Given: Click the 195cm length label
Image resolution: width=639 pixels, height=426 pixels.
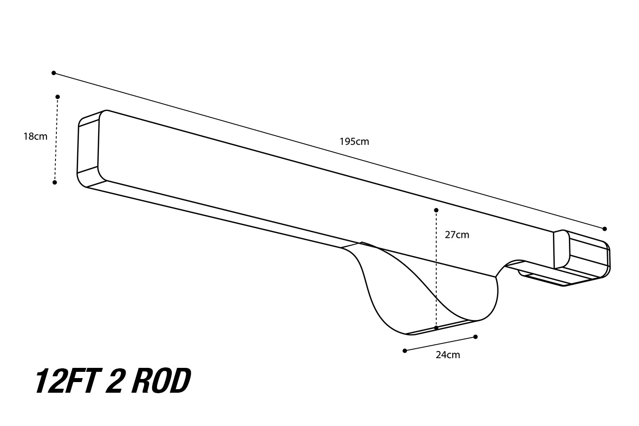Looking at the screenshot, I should pyautogui.click(x=354, y=142).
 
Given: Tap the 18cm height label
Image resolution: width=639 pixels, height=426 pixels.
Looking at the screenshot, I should pyautogui.click(x=35, y=136).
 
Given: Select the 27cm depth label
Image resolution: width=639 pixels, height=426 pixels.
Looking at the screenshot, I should pyautogui.click(x=457, y=235).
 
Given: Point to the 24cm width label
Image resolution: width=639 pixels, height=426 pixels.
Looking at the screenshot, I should pyautogui.click(x=448, y=355).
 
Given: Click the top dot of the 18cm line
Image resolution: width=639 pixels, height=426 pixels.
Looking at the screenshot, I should pyautogui.click(x=58, y=97).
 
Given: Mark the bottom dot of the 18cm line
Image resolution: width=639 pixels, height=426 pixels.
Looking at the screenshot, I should pyautogui.click(x=55, y=182).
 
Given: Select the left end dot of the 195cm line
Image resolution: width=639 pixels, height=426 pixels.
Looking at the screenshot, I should pyautogui.click(x=54, y=73).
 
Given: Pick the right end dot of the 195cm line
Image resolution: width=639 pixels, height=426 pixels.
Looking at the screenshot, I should pyautogui.click(x=604, y=229).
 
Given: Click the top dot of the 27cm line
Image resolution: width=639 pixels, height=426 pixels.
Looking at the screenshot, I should pyautogui.click(x=436, y=210).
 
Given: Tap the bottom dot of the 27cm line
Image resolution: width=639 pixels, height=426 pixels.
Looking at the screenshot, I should pyautogui.click(x=436, y=328).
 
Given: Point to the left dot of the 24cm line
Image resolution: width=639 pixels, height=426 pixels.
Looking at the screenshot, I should pyautogui.click(x=405, y=351).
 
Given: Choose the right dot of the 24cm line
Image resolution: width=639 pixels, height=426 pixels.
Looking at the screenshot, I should pyautogui.click(x=475, y=337).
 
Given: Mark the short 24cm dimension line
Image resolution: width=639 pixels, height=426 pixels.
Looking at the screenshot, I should pyautogui.click(x=440, y=343).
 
